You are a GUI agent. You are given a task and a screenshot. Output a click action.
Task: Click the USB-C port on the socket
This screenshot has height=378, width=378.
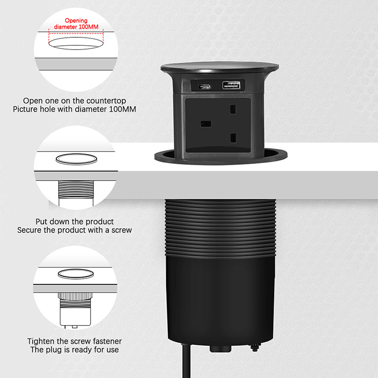click(x=205, y=86)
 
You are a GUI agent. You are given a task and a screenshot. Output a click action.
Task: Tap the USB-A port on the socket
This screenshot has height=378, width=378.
click(x=231, y=85)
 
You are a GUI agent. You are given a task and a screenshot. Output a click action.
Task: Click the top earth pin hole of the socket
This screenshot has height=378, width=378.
click(x=233, y=109)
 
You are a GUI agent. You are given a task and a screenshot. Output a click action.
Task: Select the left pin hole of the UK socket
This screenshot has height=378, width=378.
click(x=206, y=124)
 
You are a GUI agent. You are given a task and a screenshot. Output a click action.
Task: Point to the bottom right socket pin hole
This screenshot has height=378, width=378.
click(x=233, y=138)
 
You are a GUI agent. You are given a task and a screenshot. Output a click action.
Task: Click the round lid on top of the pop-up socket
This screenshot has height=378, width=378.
click(x=220, y=67)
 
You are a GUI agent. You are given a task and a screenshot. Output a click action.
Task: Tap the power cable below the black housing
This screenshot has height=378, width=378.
click(x=186, y=361)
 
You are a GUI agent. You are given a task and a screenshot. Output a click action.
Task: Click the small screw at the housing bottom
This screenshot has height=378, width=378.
click(x=255, y=347)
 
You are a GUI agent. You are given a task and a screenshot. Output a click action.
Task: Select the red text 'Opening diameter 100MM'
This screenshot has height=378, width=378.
click(x=76, y=24)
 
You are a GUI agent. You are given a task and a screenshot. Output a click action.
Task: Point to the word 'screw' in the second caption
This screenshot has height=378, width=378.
click(x=121, y=230)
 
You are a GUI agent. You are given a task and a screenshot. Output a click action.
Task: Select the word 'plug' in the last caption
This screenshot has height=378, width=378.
click(x=54, y=350)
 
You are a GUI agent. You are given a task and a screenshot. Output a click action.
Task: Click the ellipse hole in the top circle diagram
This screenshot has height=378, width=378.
click(x=76, y=43)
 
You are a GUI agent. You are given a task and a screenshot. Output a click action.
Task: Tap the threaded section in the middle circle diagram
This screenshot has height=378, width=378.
click(x=76, y=189)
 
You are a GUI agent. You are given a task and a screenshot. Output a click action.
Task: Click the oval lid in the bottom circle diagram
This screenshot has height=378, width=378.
click(x=76, y=274)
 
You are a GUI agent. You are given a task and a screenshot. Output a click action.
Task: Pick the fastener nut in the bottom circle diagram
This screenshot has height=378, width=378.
click(x=75, y=296)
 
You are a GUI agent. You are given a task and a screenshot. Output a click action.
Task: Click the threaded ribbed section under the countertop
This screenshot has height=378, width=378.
click(x=220, y=228)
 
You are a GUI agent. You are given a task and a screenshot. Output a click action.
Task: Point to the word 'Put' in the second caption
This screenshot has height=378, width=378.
click(x=41, y=222)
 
